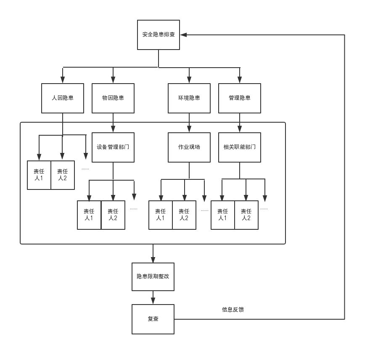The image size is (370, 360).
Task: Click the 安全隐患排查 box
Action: pos(159,35)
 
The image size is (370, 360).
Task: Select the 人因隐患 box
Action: pos(63,98)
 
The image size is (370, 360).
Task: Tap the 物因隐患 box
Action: pos(113,98)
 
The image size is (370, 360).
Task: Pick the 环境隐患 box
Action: pos(189,98)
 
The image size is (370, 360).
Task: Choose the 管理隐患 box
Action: pos(240,98)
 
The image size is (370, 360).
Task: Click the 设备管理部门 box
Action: pos(113,147)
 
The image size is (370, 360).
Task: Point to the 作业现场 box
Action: pos(189,147)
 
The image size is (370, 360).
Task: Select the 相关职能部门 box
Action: pos(240,147)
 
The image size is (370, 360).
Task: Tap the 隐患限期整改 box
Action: pos(153,277)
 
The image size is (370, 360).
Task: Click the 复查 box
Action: pos(153,319)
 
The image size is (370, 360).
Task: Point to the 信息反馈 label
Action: pos(233,310)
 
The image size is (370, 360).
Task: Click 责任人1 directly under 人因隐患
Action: pos(39,175)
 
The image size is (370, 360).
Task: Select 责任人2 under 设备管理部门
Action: pos(113,215)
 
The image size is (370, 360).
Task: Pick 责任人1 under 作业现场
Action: pos(161,215)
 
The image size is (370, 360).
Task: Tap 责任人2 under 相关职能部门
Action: pos(246,215)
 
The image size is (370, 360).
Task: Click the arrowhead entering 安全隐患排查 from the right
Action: pos(184,35)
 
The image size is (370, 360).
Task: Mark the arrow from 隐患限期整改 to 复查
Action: pos(153,298)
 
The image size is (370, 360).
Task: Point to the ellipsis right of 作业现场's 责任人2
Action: pos(205,210)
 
